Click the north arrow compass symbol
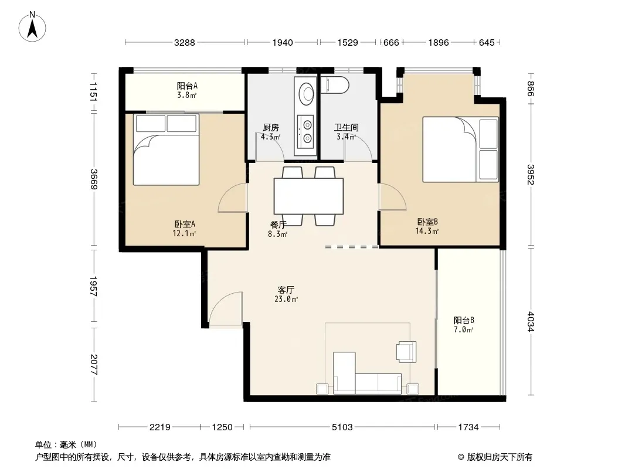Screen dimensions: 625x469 coord(32,27)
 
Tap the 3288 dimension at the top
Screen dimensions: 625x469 coord(185,42)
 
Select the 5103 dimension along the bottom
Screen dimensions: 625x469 coord(342,427)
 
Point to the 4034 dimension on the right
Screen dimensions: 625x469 coord(531,321)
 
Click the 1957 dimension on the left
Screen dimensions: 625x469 coord(94,286)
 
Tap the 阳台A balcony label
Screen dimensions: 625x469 coord(187,86)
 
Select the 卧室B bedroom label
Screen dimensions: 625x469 coord(427,222)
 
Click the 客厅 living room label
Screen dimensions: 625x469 coord(286,290)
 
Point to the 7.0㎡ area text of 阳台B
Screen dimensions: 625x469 coord(464,329)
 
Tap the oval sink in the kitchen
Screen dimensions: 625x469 coord(307,93)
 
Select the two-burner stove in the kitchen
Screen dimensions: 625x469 coord(307,132)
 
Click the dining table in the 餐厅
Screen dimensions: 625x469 coord(309,196)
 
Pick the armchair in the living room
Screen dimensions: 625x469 coord(406,352)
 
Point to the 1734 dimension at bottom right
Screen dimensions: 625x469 coord(468,427)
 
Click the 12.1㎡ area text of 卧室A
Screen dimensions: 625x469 coord(184,233)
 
